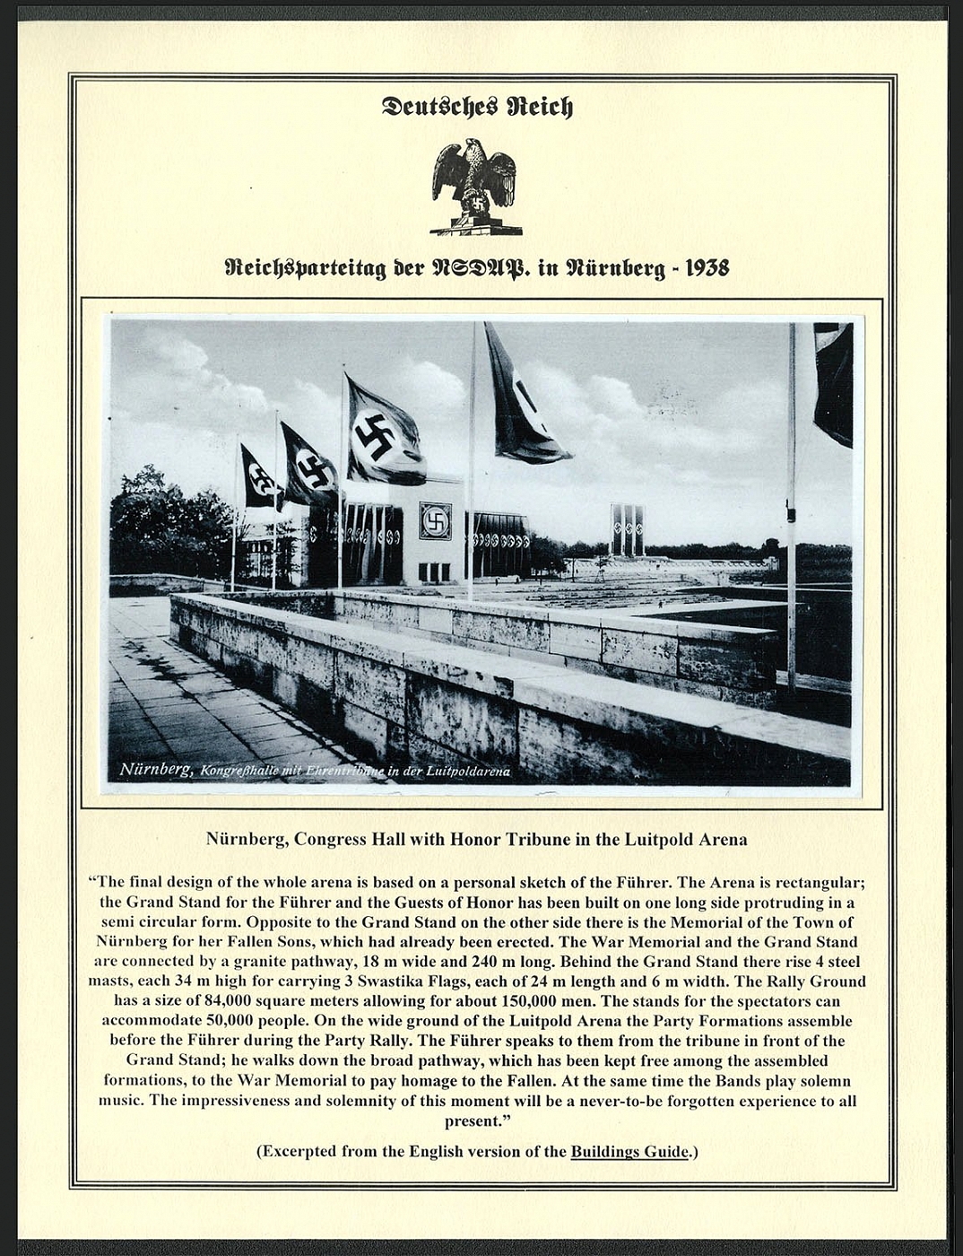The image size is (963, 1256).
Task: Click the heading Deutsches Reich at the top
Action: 476,107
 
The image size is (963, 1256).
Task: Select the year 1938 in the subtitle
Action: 703,267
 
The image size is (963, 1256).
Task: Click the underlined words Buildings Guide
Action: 629,1151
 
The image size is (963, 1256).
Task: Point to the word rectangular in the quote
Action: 820,882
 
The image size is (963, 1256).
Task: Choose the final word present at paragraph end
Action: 473,1121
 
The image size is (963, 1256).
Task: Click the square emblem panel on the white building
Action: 435,519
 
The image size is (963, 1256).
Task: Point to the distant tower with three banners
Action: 627,529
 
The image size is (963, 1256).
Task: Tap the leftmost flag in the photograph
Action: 259,475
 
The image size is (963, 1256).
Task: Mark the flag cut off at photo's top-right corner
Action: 833,381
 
